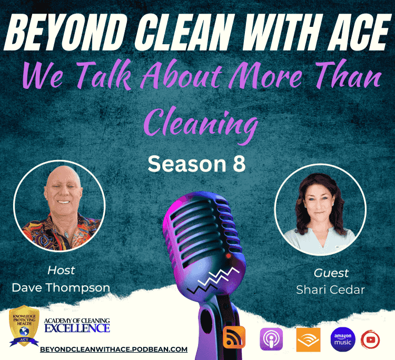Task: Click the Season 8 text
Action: [196, 164]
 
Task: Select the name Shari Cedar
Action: [331, 289]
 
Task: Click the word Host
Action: [61, 271]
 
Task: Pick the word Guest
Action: [331, 273]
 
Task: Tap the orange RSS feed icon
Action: [234, 337]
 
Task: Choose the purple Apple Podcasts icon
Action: [271, 339]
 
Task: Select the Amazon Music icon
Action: [343, 339]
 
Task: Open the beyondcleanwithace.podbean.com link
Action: [114, 349]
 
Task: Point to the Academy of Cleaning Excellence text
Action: [77, 325]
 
